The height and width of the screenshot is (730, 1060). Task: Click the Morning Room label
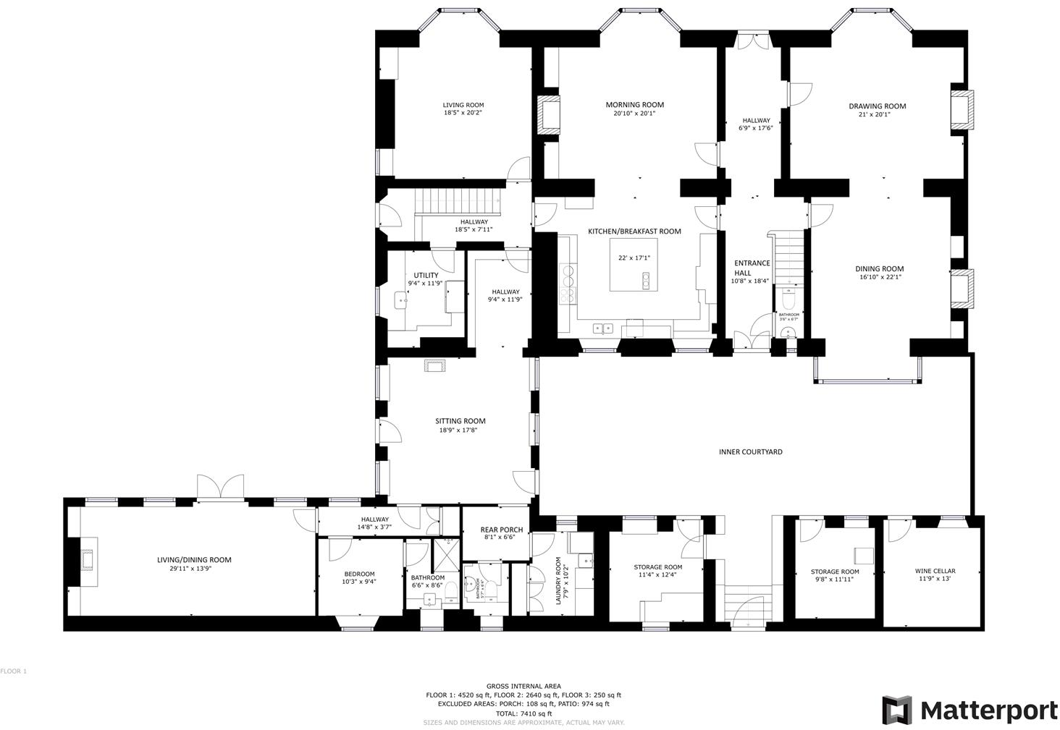634,105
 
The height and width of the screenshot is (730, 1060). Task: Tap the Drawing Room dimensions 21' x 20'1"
878,114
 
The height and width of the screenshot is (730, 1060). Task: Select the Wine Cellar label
935,571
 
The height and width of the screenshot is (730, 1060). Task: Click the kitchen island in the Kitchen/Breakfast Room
634,268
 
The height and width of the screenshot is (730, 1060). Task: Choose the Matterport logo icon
896,710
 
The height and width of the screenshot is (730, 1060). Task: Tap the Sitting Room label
460,421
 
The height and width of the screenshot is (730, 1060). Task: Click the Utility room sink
402,299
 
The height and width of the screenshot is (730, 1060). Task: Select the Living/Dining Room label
194,559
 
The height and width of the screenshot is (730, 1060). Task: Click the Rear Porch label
501,530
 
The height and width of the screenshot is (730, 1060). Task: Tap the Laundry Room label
559,581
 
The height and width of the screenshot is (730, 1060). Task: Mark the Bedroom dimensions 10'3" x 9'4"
359,582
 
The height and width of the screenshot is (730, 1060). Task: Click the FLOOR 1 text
13,671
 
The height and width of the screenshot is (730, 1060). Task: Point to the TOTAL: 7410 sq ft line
523,713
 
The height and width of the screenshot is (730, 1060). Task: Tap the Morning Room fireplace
547,114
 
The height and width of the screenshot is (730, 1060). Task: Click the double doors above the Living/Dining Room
221,487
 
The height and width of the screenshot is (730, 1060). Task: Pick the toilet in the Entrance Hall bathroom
788,299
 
